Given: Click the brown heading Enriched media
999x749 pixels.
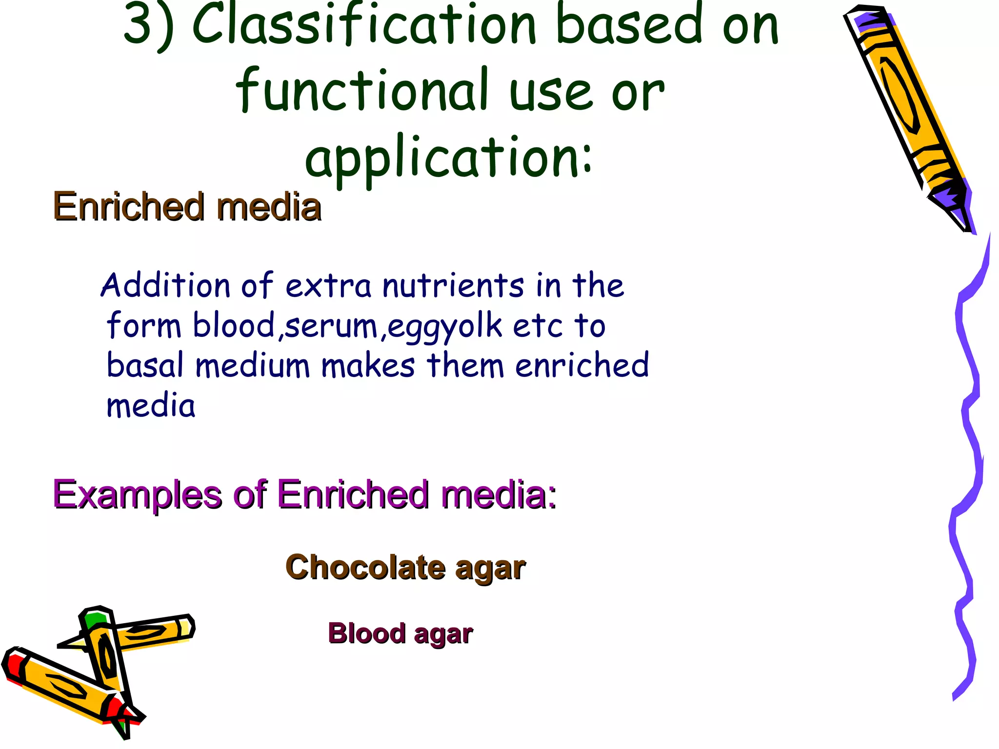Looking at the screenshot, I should [187, 207].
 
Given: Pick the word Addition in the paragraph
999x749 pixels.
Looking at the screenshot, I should [165, 285].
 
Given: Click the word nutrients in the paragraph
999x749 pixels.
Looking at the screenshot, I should [453, 285].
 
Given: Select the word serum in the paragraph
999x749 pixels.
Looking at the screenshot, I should [331, 326].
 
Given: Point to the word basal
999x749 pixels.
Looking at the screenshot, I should [145, 366].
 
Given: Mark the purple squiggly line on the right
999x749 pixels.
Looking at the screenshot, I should [968, 463].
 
